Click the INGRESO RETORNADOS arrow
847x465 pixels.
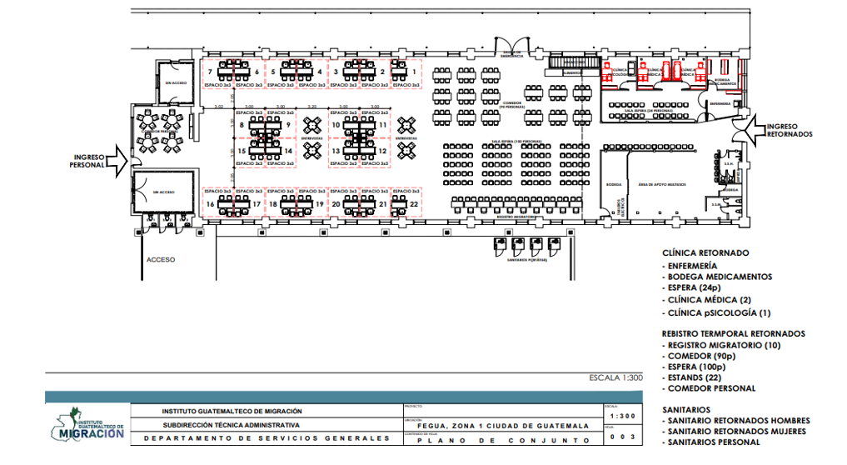761,128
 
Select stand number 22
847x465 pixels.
414,203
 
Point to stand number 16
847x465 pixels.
210,204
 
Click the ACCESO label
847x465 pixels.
161,259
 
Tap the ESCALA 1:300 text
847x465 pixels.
616,377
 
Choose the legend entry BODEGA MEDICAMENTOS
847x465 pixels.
720,277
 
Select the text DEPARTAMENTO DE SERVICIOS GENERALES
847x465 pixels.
267,437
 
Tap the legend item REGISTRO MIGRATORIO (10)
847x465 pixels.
713,345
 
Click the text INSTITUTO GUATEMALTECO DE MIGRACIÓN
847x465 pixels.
232,411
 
